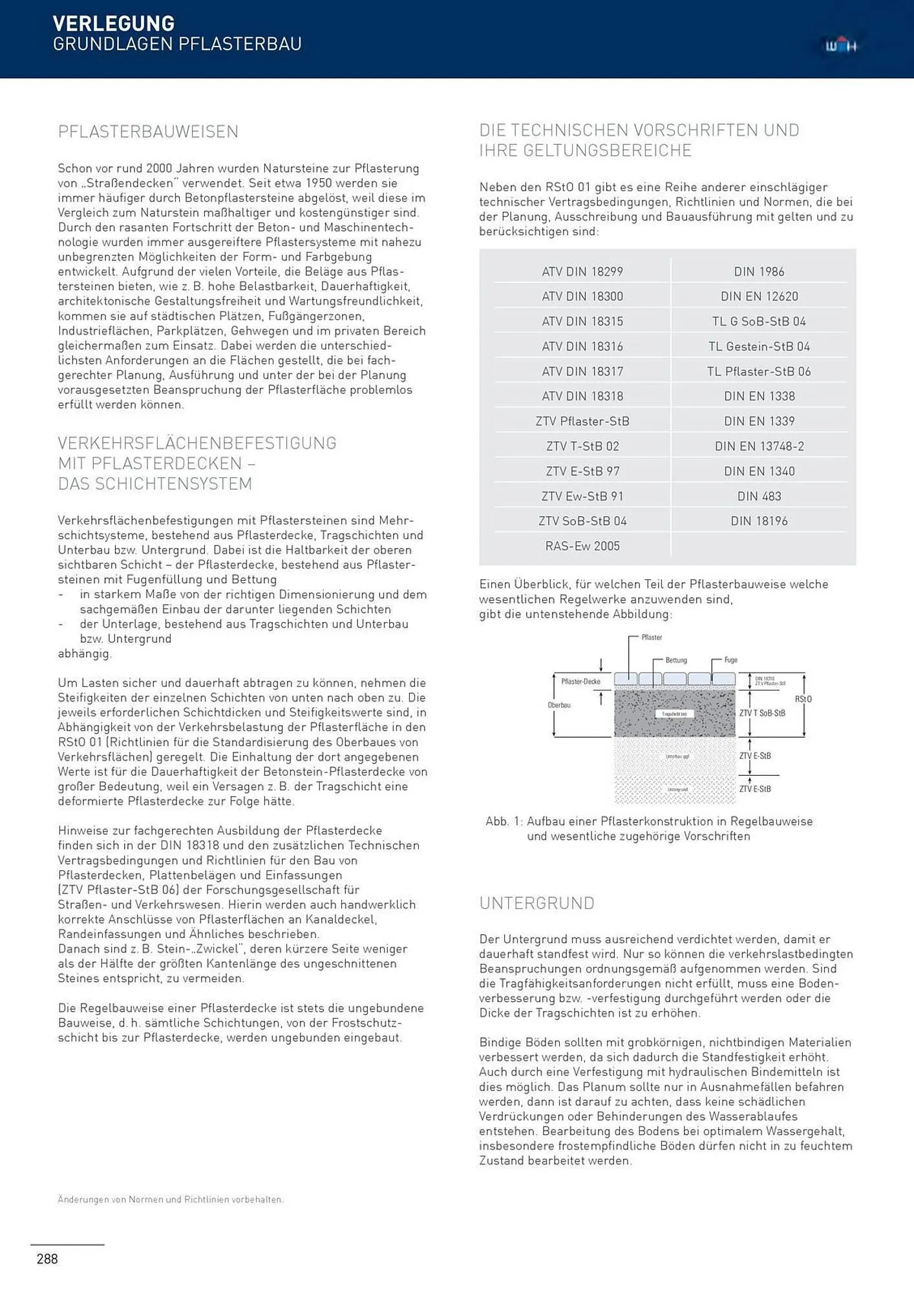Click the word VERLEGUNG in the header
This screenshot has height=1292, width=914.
coord(113,23)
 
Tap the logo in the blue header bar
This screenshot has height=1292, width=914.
coord(840,46)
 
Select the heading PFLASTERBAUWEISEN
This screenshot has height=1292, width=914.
coord(148,132)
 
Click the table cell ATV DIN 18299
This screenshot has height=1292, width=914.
coord(582,272)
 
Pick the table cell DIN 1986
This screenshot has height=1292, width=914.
coord(759,272)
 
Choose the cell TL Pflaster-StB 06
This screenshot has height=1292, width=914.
coord(759,371)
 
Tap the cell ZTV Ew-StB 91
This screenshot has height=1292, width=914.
coord(582,496)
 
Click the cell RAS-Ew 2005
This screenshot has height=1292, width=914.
coord(582,547)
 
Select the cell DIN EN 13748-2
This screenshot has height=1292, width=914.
coord(759,446)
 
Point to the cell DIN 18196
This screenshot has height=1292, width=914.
coord(759,521)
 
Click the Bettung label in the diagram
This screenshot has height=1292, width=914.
coord(676,660)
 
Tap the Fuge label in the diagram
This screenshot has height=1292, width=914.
coord(730,660)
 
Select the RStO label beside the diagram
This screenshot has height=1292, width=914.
coord(803,699)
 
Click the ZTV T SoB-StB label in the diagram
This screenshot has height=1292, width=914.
coord(762,713)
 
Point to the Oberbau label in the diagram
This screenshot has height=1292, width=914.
coord(559,705)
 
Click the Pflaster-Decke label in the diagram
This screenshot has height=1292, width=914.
coord(580,682)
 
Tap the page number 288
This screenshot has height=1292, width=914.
coord(47,1258)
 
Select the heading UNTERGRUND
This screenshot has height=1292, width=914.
coord(537,903)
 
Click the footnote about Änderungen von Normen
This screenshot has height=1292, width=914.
coord(171,1200)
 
